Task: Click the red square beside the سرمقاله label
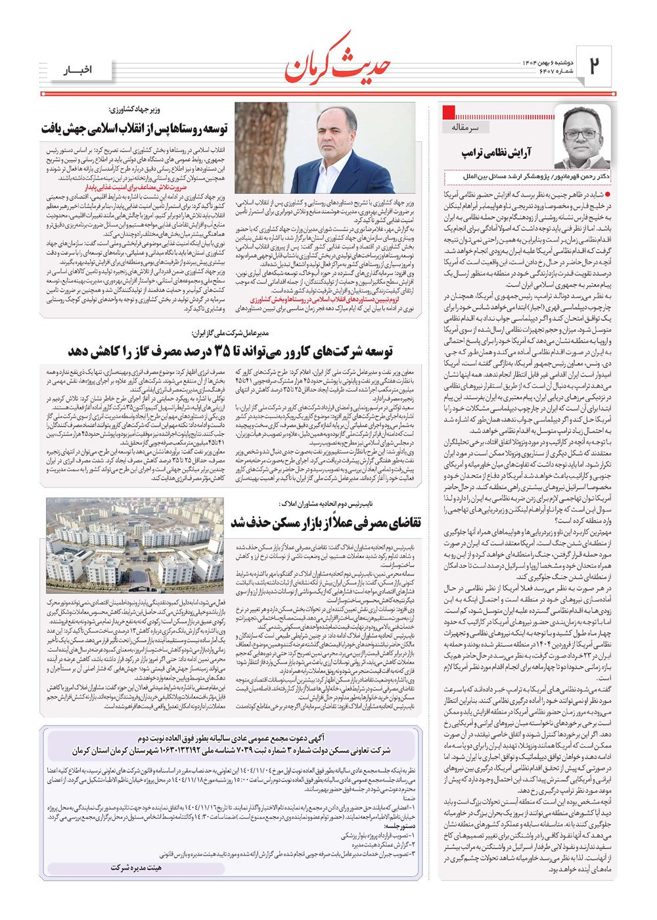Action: coord(449,112)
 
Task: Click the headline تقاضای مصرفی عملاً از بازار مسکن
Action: coord(325,522)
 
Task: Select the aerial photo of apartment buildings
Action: coord(135,545)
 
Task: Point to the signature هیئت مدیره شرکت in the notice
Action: coord(135,868)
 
